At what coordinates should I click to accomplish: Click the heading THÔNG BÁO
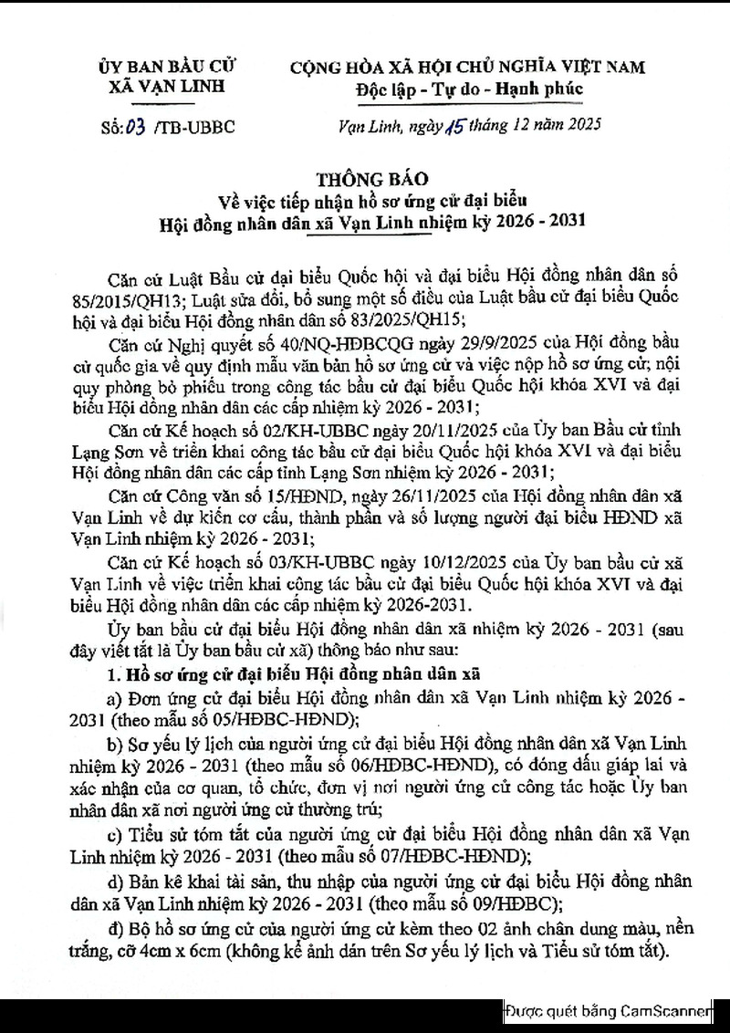click(365, 175)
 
